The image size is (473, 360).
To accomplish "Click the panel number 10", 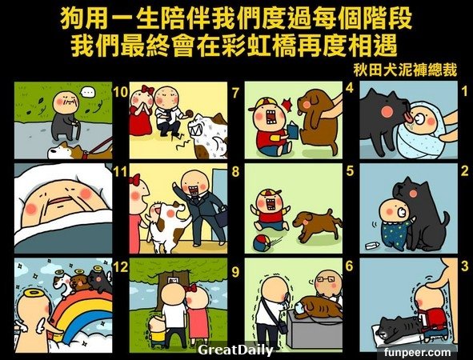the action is pyautogui.click(x=121, y=92).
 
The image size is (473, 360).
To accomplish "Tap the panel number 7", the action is pyautogui.click(x=235, y=93).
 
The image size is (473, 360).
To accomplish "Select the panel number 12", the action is pyautogui.click(x=121, y=267).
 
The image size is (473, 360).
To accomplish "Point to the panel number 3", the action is pyautogui.click(x=465, y=266).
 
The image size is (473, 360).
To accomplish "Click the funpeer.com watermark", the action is pyautogui.click(x=418, y=352).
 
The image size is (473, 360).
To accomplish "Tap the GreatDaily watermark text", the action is pyautogui.click(x=235, y=350).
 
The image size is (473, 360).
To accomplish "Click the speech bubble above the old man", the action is pyautogui.click(x=89, y=91).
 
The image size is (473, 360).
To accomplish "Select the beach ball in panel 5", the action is pyautogui.click(x=262, y=243).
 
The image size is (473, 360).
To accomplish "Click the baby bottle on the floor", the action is pyautogui.click(x=372, y=246).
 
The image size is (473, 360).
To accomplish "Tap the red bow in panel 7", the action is pyautogui.click(x=148, y=90).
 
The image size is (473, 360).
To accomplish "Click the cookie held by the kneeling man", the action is pyautogui.click(x=190, y=114).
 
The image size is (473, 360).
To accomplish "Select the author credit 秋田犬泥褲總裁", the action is pyautogui.click(x=405, y=70).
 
